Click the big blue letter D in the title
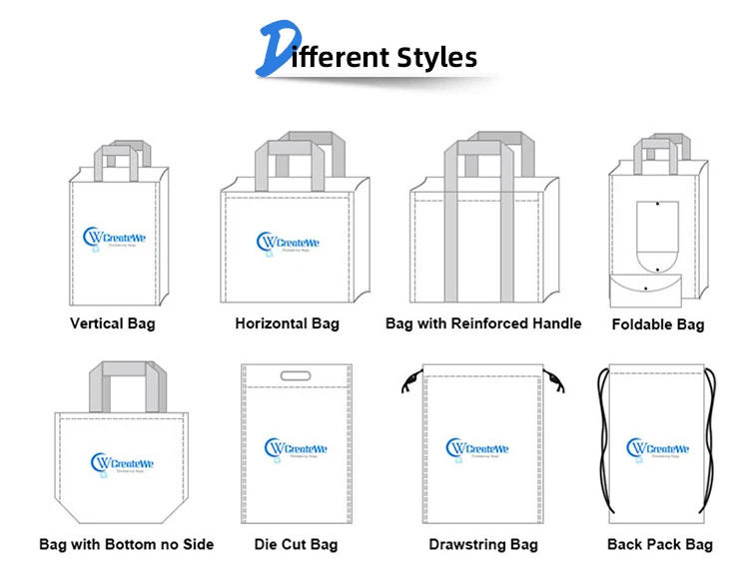coord(279,51)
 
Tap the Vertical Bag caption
coord(113,323)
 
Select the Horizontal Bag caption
coord(287,323)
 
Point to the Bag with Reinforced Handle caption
coord(483,323)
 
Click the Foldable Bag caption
coord(657,324)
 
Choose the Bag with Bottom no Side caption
coord(126,545)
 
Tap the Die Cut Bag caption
coord(296,545)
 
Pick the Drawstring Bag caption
coord(483,545)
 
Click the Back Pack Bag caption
coord(660,545)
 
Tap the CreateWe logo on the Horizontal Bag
coord(291,243)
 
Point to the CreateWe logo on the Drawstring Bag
coord(477,450)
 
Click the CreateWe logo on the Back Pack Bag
coord(658,450)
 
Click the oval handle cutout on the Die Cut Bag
coord(296,376)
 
